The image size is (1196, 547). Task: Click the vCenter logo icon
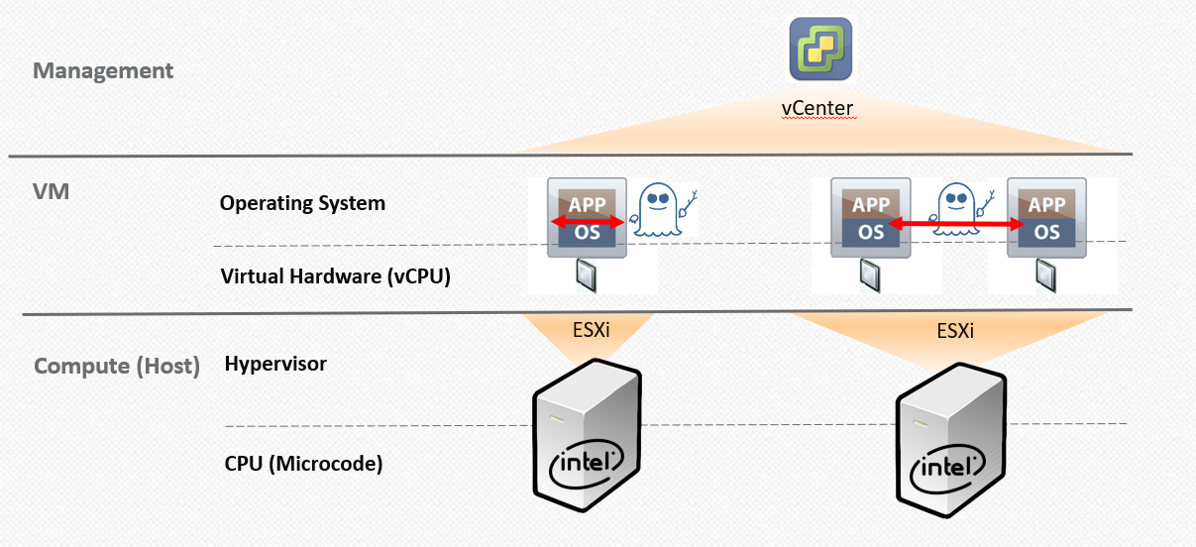(x=821, y=48)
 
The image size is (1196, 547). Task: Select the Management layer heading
(x=103, y=71)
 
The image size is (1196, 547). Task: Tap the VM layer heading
(x=52, y=191)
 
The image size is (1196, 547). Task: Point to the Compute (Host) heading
(x=117, y=367)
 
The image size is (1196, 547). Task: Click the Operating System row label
(x=302, y=203)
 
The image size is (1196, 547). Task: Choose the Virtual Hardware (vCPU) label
(x=336, y=276)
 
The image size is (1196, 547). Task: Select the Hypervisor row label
(x=275, y=364)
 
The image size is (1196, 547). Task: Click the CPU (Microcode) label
(x=303, y=462)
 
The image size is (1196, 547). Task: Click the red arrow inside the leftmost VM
(x=588, y=221)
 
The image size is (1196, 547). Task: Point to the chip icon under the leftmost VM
(x=586, y=274)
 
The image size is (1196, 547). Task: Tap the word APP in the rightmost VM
(x=1046, y=204)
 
